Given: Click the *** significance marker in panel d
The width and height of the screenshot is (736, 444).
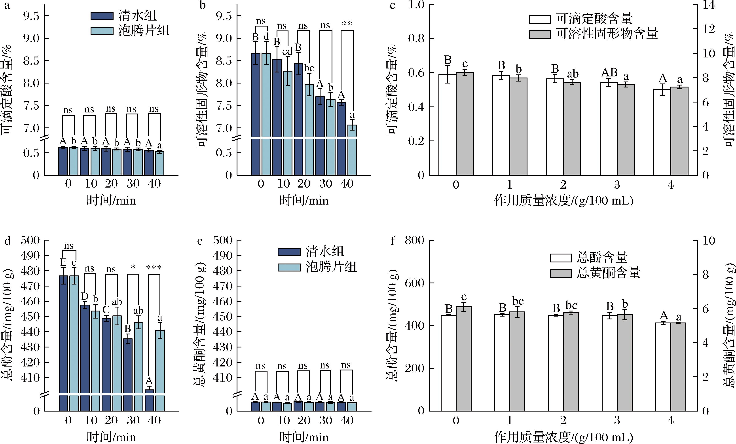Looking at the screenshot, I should coord(154,268).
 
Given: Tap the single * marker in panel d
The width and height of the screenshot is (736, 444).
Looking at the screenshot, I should coord(133,267).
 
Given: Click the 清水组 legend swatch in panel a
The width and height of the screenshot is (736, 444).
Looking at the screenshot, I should coord(102,16).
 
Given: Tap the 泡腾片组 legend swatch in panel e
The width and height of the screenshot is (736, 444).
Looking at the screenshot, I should coord(289,267).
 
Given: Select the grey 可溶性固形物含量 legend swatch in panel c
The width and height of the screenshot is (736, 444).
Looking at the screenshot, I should coord(539,34).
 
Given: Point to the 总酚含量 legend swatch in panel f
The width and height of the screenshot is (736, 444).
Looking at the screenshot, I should coord(560,258).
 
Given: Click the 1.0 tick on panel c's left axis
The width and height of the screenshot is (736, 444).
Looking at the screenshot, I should coord(416,5).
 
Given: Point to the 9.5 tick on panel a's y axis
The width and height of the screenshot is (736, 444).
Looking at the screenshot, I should coord(31,16).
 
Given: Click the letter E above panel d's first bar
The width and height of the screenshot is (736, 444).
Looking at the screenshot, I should coord(63,262).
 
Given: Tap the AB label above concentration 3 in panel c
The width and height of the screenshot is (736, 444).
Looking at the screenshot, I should coord(609,73).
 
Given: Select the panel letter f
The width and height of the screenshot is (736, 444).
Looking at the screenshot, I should coord(393,241).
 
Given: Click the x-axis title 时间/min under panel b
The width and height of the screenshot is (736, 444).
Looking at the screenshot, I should coord(304,201).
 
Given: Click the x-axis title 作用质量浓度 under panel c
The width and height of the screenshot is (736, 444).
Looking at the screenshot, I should coord(563,201).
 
